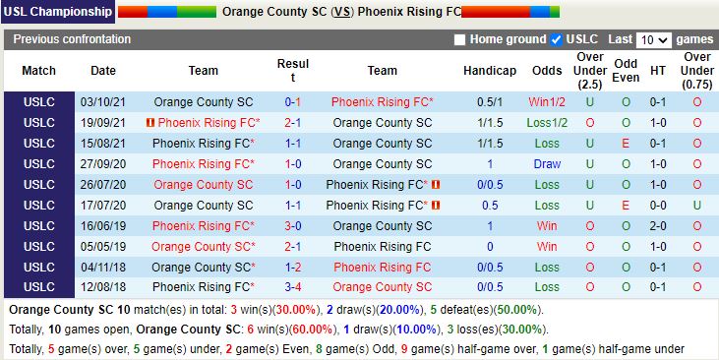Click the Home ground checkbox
[460, 40]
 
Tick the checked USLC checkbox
[557, 40]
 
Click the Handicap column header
[490, 71]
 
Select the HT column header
[658, 71]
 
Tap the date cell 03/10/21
[103, 102]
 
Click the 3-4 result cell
[293, 287]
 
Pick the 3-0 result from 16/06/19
[293, 226]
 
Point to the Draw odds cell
[547, 164]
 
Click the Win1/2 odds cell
[547, 102]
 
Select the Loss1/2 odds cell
[547, 123]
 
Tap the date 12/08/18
[103, 287]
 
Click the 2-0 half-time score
[658, 226]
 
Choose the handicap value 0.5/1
[490, 102]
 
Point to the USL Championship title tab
[58, 12]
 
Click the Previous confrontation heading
[72, 39]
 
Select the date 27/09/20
[103, 164]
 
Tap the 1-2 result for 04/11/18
[293, 268]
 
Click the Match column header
[39, 71]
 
